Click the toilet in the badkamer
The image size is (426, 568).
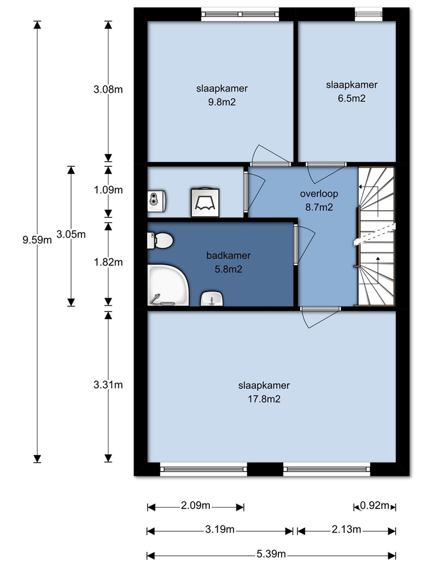(160, 240)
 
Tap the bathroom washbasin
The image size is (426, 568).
(212, 298)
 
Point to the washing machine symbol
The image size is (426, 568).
(205, 202)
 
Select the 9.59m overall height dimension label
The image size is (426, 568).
(37, 240)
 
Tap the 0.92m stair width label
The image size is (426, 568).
(374, 505)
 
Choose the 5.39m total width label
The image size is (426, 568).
(271, 554)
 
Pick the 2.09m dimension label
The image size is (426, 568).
(195, 505)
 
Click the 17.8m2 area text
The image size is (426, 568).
(264, 399)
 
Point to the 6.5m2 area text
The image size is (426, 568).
(351, 98)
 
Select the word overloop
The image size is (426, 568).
(319, 194)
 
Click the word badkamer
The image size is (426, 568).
(228, 255)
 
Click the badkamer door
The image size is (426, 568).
(304, 245)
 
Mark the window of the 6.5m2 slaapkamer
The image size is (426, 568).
(368, 14)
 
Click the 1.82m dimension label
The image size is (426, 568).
(108, 262)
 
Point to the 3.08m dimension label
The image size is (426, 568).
(108, 89)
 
